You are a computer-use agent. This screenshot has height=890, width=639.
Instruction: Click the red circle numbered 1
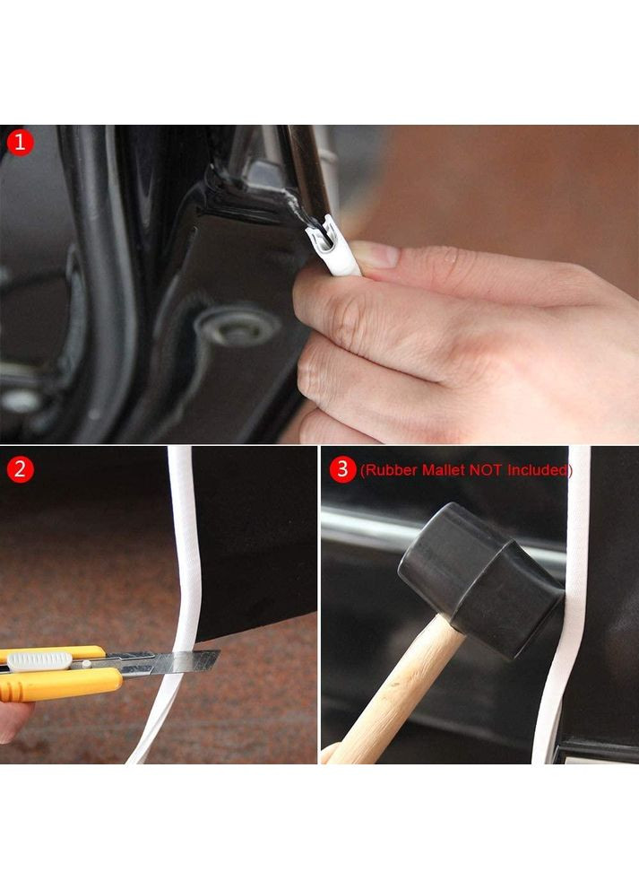(x=20, y=143)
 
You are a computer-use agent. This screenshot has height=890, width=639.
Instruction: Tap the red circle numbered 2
(x=20, y=470)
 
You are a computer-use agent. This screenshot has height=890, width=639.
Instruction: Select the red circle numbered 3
(x=342, y=470)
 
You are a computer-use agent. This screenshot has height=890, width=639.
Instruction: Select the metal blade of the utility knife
(x=170, y=662)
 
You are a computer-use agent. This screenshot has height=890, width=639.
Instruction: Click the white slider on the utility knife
(x=39, y=661)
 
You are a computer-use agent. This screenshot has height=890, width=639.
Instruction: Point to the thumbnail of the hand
(x=375, y=255)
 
